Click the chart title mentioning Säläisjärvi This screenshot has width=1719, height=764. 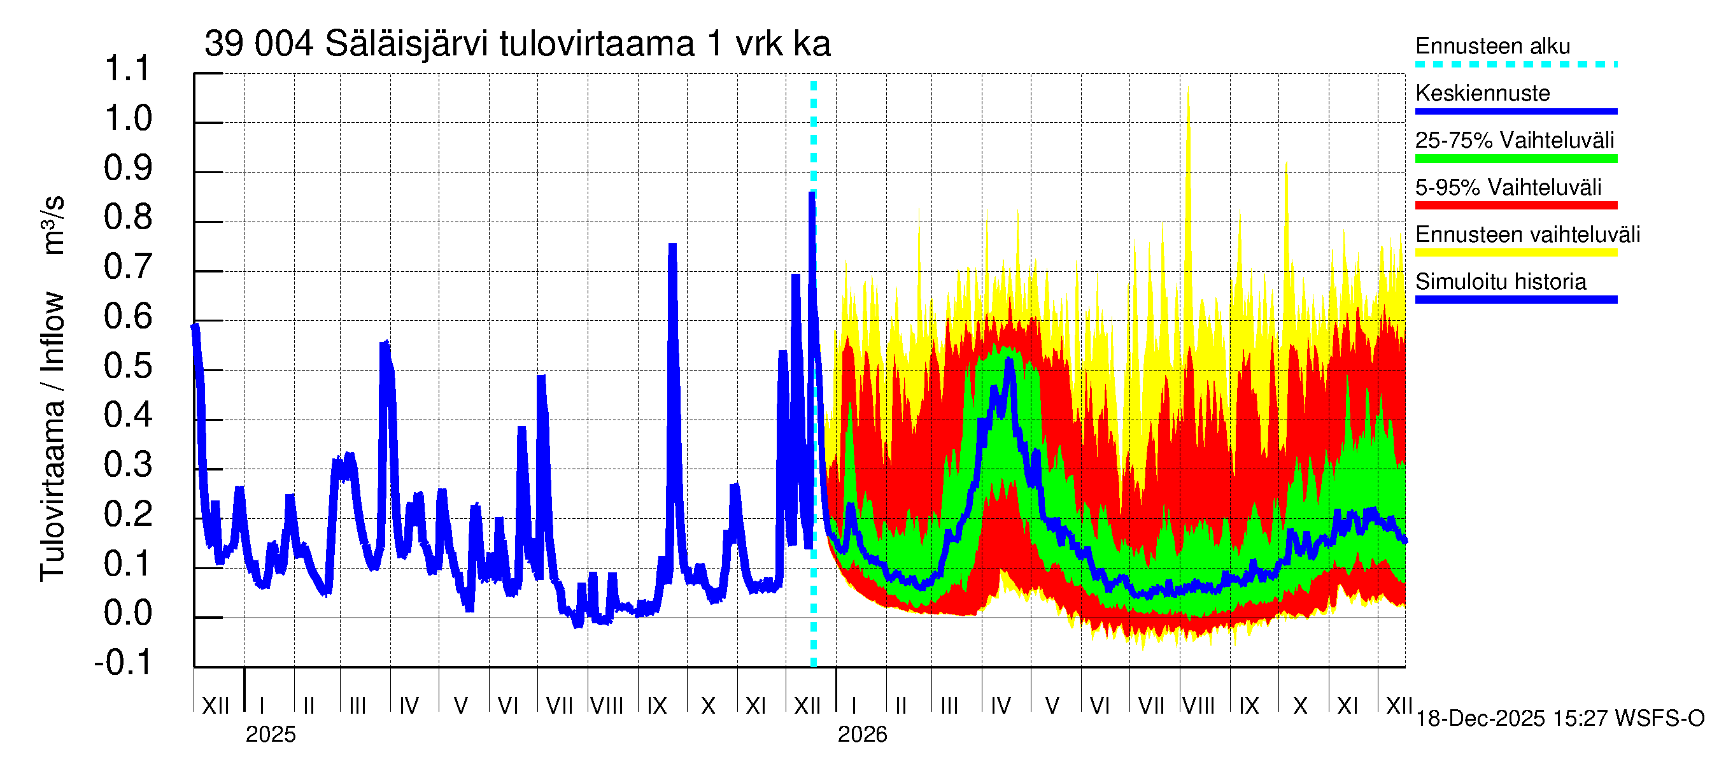(517, 44)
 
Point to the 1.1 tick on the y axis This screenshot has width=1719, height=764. (127, 69)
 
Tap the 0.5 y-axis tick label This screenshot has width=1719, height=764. (127, 366)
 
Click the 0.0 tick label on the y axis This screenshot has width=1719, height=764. (127, 614)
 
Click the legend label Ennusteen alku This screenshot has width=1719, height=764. (1492, 46)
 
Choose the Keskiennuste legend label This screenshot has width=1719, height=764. (1482, 94)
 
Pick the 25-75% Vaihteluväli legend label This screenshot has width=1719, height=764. (1514, 141)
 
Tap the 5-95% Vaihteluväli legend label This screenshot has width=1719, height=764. (1508, 187)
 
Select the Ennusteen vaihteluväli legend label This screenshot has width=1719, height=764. (1527, 235)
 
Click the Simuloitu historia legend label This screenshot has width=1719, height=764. (1500, 281)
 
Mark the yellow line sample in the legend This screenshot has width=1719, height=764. (1515, 252)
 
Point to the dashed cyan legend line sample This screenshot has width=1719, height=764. (1515, 65)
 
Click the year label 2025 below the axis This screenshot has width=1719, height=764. (270, 735)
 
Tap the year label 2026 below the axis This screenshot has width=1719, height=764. (862, 735)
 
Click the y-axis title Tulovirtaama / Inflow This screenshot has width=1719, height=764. (52, 437)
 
